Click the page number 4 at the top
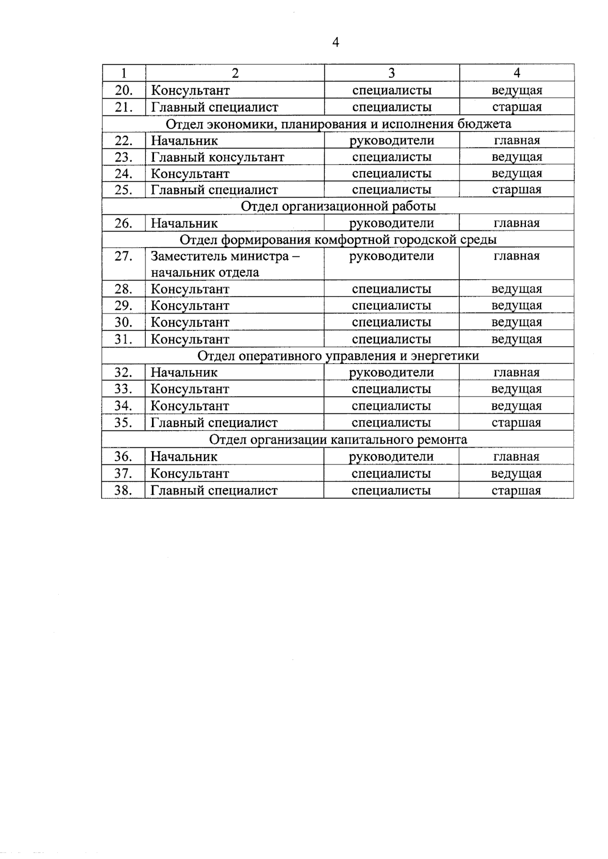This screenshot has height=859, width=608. (x=335, y=42)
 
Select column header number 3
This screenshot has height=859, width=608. (x=392, y=73)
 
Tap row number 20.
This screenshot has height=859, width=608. (x=124, y=90)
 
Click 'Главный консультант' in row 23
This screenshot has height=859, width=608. (x=217, y=157)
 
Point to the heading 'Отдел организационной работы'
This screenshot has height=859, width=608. (x=338, y=206)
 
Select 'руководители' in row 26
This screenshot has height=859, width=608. (x=392, y=223)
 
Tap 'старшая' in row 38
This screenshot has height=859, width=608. (x=516, y=490)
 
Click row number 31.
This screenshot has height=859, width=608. (x=124, y=339)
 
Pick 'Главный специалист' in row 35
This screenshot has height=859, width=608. (x=214, y=422)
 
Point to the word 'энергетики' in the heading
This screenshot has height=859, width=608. (x=449, y=356)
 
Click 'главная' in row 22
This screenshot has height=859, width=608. (x=517, y=140)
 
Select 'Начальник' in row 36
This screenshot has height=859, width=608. (x=184, y=456)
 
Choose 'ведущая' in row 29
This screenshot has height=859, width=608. (x=517, y=305)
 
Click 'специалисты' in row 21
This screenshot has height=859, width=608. (x=392, y=107)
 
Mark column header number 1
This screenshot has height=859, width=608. (x=124, y=73)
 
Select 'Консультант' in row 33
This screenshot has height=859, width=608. (x=190, y=389)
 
